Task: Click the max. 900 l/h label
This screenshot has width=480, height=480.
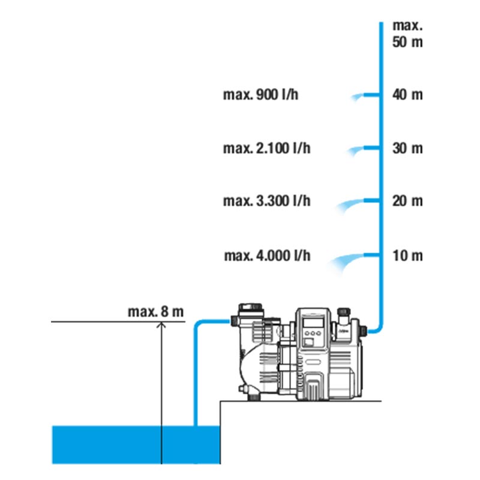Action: pos(260,95)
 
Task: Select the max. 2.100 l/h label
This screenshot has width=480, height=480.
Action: pos(267,148)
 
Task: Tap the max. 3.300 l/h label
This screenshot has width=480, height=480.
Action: pos(267,201)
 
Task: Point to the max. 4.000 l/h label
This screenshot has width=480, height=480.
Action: pos(267,256)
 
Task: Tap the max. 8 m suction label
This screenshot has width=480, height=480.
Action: pos(155,312)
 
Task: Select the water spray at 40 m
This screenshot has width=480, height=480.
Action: pos(358,96)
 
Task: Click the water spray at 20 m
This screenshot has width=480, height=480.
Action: pos(350,204)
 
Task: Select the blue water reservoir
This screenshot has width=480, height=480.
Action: pos(136,444)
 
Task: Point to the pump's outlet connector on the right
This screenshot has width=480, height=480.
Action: pos(364,329)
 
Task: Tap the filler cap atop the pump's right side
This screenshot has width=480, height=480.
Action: pos(344,314)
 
